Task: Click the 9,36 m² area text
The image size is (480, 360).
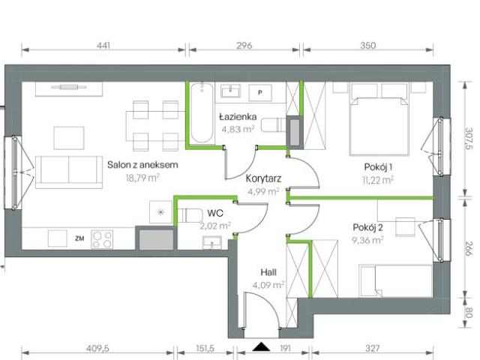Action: (x=368, y=240)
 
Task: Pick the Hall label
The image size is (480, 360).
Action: (x=268, y=272)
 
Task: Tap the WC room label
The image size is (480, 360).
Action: (x=215, y=212)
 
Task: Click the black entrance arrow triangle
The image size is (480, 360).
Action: (x=261, y=346)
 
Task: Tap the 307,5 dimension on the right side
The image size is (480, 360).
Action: (x=469, y=140)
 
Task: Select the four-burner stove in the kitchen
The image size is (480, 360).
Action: (x=102, y=239)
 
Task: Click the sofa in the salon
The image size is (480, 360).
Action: (x=68, y=170)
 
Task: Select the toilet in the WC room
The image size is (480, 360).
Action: (x=184, y=213)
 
